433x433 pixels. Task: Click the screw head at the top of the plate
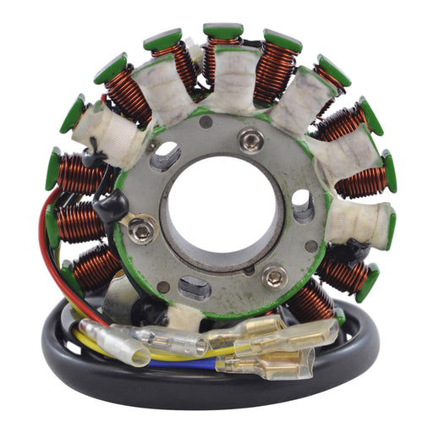pos(250,140)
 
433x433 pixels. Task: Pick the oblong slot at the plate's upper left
pos(165,156)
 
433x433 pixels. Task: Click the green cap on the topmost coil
pos(223,30)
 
